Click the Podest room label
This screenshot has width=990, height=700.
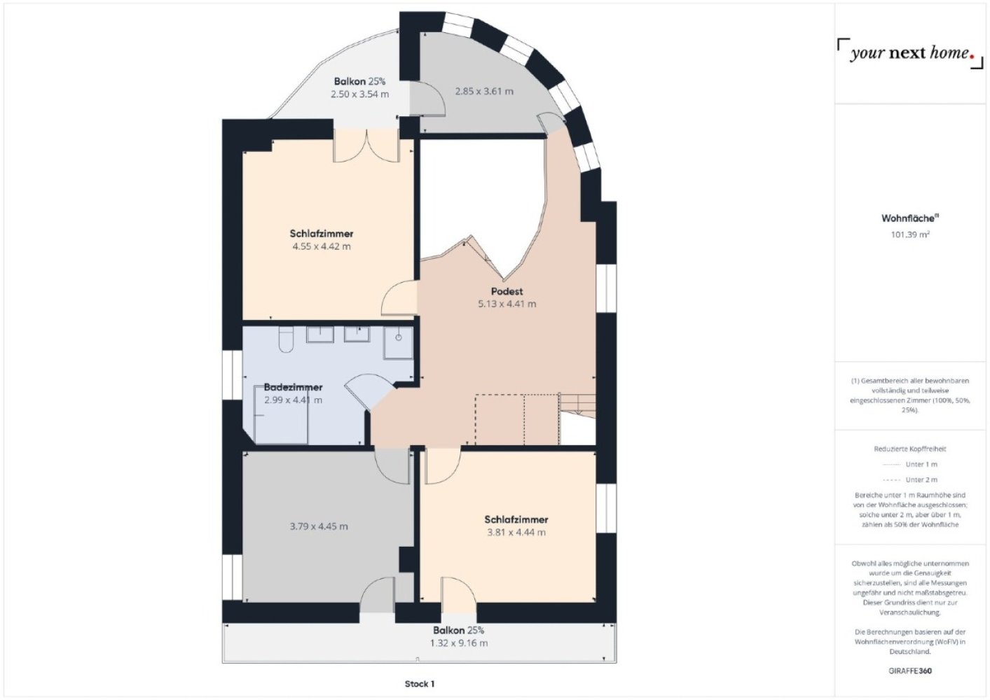507,291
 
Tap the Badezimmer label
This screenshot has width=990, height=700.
293,387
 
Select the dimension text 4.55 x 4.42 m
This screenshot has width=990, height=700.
322,246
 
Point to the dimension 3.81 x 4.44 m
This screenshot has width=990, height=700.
516,533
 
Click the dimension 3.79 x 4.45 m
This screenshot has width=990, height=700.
319,526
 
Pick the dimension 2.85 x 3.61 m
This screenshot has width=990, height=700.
484,92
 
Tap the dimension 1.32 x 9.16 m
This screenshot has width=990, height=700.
459,643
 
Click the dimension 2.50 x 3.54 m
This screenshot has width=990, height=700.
359,94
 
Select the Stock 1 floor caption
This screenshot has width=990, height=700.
420,684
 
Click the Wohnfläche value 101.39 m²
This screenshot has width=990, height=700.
910,234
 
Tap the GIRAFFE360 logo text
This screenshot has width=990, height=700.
910,671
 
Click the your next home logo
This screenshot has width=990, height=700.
910,53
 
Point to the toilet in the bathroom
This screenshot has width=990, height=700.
287,339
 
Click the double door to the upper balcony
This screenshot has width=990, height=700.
366,146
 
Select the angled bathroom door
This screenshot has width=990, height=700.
369,391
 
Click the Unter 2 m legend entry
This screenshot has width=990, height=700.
910,479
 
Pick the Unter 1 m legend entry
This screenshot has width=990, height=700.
910,464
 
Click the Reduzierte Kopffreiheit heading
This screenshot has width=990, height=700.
910,449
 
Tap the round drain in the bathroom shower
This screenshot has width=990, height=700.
398,338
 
